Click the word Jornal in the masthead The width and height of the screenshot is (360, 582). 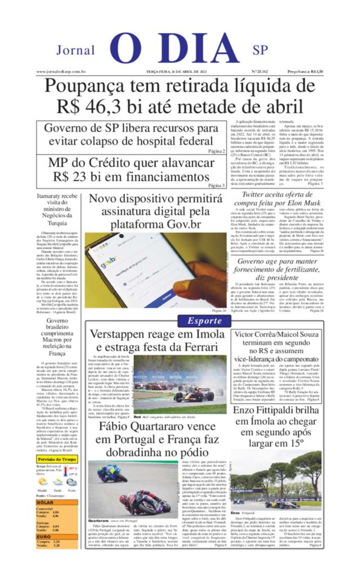pos(76,50)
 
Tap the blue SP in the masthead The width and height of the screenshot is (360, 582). pos(260,50)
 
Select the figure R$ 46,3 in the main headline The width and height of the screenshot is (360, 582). pos(89,106)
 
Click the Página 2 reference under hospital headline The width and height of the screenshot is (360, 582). pos(216,151)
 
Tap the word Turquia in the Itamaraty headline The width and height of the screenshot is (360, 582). pos(57,223)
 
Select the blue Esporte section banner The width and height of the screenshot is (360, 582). pos(204,321)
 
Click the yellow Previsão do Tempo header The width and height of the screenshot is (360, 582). pos(57,459)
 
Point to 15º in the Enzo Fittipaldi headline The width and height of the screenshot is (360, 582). pos(297,443)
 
